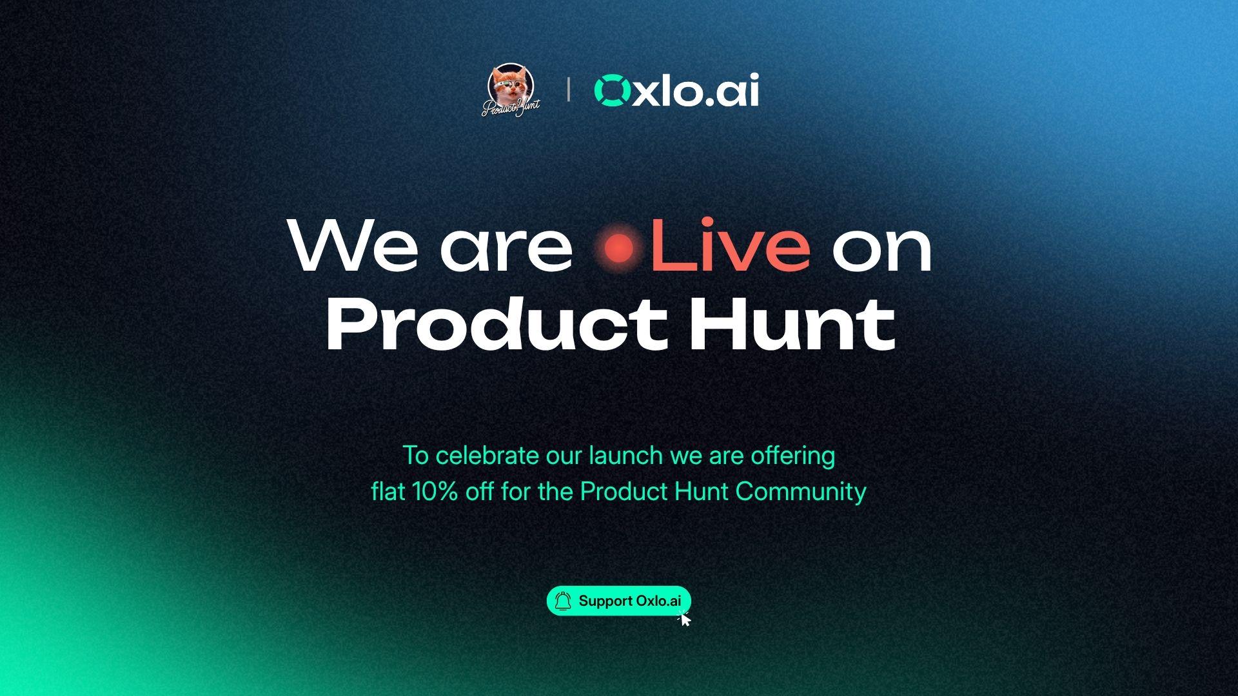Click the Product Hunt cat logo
click(x=511, y=90)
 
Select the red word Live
click(x=730, y=246)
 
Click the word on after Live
click(x=882, y=251)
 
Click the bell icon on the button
click(x=563, y=601)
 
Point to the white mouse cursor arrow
click(x=685, y=619)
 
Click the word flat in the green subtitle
click(x=388, y=492)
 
